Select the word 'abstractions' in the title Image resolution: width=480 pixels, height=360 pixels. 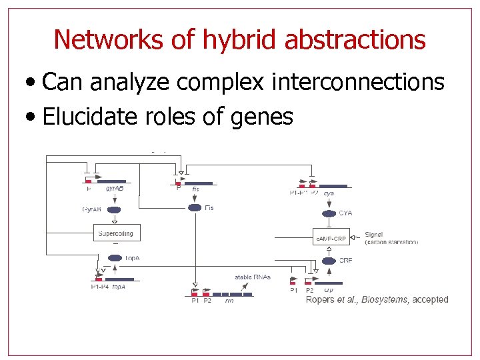pyautogui.click(x=355, y=40)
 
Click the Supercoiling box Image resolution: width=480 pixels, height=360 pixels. pyautogui.click(x=115, y=233)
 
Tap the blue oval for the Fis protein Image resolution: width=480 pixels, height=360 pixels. pyautogui.click(x=195, y=207)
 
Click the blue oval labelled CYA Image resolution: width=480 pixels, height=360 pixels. pyautogui.click(x=329, y=213)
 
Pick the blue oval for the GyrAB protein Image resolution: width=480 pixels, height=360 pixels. pyautogui.click(x=114, y=209)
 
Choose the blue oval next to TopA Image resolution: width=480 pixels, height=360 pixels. pyautogui.click(x=115, y=257)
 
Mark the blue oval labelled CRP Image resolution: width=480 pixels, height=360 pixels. pyautogui.click(x=329, y=261)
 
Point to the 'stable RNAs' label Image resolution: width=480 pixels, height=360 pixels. pyautogui.click(x=253, y=277)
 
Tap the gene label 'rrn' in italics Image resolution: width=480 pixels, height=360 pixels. pyautogui.click(x=229, y=301)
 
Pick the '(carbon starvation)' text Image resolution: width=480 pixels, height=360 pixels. pyautogui.click(x=392, y=242)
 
